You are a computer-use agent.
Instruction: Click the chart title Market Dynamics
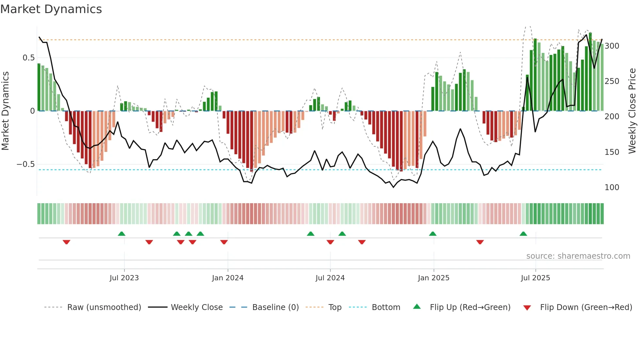point(51,9)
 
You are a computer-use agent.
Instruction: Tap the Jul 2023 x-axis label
point(124,278)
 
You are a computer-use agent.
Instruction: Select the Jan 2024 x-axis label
point(228,278)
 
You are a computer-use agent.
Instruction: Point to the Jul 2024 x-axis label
point(330,278)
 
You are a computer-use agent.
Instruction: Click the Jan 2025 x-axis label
point(433,278)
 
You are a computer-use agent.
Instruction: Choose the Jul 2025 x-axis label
point(535,278)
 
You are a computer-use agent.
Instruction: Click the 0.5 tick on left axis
point(28,58)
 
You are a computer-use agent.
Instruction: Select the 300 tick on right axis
point(612,46)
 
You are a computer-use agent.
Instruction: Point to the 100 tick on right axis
point(612,188)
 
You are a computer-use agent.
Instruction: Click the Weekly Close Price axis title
point(632,111)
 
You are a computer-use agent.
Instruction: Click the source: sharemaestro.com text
point(578,256)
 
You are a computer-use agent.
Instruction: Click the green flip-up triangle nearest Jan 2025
point(433,234)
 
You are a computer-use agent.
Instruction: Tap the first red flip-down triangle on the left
point(66,242)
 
